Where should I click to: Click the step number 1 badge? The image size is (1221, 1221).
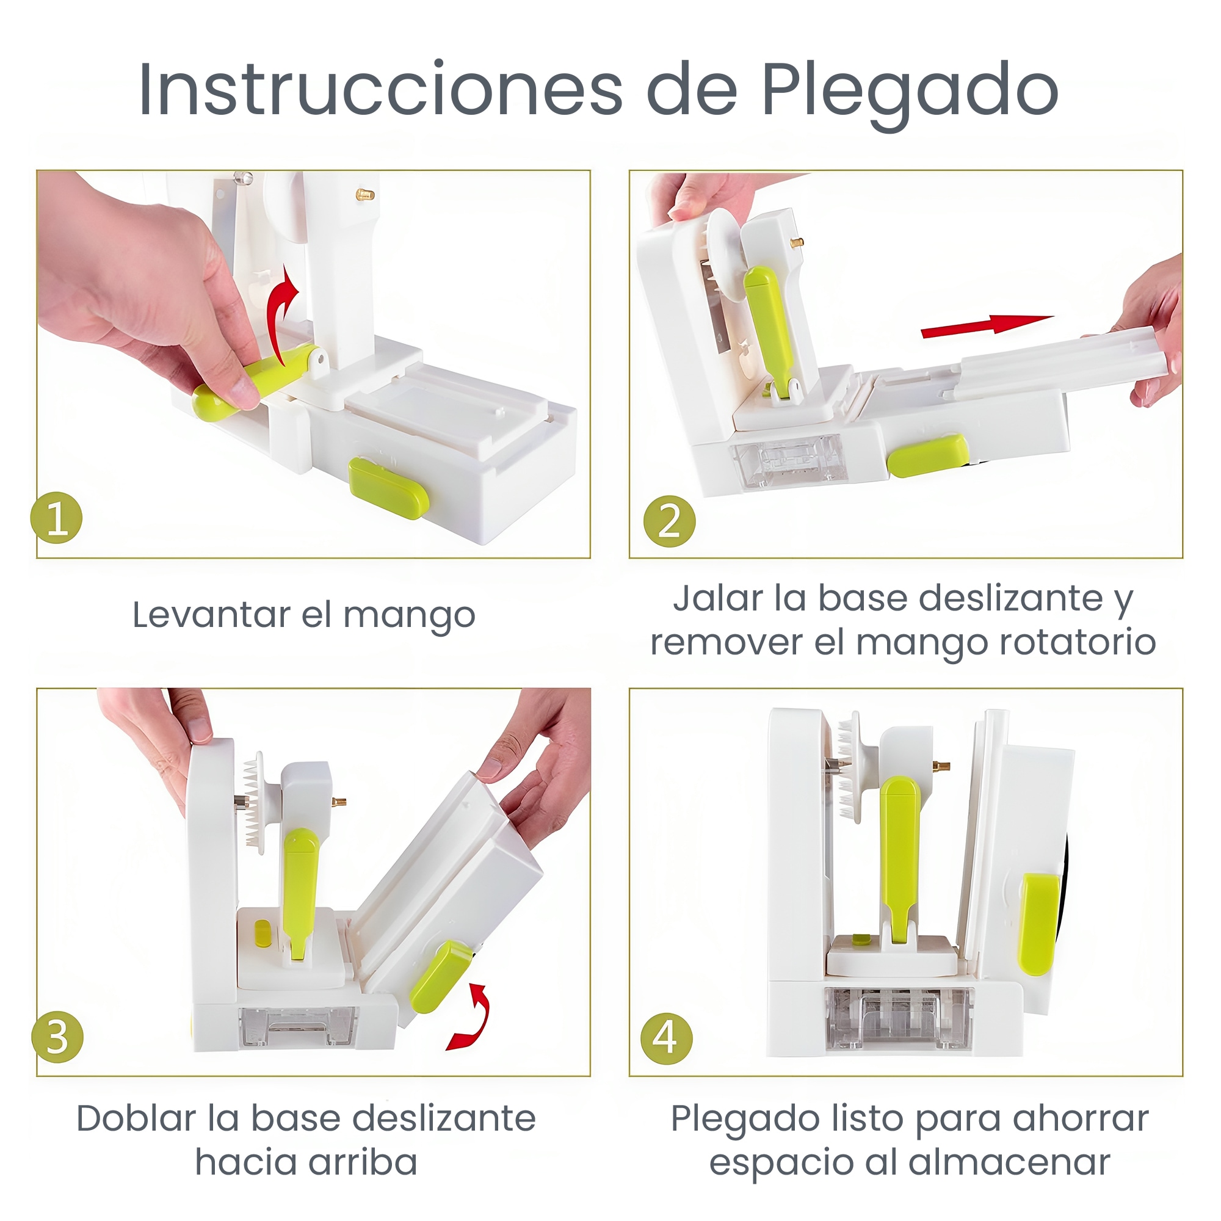(x=57, y=518)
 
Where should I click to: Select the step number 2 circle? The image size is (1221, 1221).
(x=669, y=522)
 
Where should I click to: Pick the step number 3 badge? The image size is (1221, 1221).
(x=57, y=1037)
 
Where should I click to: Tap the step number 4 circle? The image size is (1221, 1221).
(x=666, y=1038)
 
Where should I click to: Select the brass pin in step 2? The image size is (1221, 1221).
(x=797, y=241)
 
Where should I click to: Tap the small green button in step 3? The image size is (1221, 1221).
(x=262, y=933)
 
